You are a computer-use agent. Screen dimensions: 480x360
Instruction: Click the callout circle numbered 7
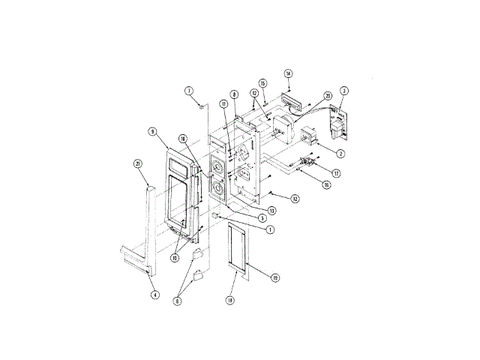coord(190,91)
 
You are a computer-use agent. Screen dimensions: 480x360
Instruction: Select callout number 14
coord(289,73)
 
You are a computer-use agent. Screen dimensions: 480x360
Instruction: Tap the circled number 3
coord(343,91)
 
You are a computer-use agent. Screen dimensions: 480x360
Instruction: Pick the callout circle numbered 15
coord(263,83)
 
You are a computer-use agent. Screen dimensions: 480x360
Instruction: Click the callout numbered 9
coord(152,131)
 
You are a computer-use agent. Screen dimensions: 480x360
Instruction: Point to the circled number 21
coord(137,163)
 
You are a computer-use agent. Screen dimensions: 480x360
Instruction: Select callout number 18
coord(229,299)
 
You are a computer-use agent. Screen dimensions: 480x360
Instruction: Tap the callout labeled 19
coord(275,278)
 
